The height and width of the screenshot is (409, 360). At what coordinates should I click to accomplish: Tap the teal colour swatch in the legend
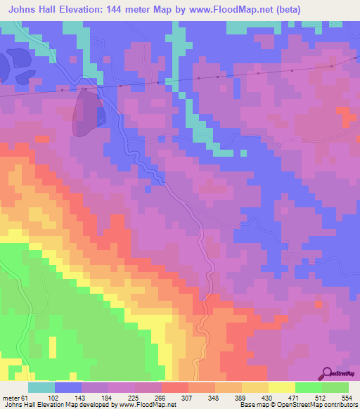click(41, 387)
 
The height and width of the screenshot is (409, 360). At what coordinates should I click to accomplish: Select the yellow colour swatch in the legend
click(281, 387)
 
